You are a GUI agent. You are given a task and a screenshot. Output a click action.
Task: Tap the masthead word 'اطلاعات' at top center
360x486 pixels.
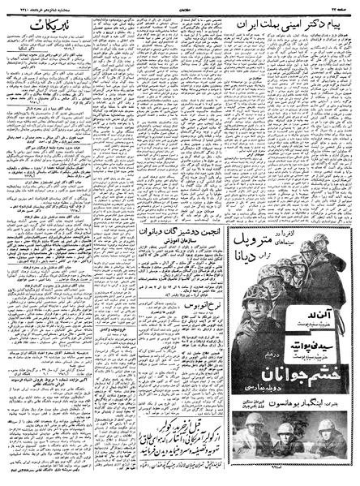(180, 7)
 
